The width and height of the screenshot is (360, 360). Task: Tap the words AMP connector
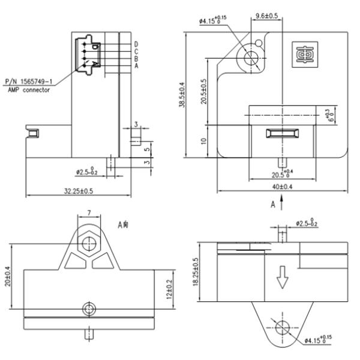point(29,89)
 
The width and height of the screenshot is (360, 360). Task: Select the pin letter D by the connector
point(137,44)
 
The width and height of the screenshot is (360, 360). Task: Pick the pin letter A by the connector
point(137,66)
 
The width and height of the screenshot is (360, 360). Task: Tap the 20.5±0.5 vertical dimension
point(204,91)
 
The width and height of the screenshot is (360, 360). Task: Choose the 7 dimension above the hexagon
point(89,214)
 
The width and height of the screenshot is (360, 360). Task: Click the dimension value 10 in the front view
point(204,142)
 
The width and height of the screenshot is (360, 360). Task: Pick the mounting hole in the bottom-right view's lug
point(282,328)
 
